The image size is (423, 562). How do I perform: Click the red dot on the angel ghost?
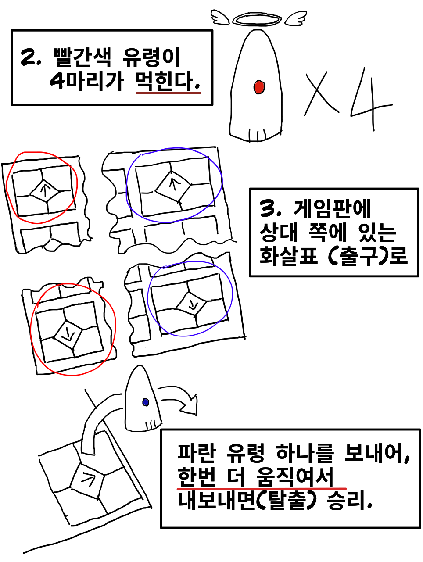259,87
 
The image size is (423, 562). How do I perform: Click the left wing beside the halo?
220,17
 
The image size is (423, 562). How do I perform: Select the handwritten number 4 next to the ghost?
372,100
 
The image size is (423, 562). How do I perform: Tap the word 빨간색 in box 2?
82,57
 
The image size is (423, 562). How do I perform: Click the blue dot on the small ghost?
146,402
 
